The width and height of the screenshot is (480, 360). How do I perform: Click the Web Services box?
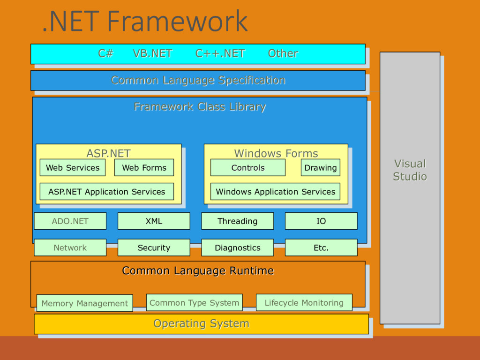73,167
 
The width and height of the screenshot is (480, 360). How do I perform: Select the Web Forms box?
144,167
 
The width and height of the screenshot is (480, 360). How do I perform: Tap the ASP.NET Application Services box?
107,191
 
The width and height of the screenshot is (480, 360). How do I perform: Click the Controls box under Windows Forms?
248,167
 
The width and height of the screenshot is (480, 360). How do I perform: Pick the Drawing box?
321,167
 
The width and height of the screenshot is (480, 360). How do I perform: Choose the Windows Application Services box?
275,191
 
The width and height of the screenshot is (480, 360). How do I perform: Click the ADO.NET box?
70,221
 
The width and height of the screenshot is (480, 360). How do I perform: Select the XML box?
154,221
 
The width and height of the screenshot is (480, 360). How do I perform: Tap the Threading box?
238,221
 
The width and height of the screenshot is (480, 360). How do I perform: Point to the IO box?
321,221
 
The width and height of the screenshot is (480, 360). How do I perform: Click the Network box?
70,247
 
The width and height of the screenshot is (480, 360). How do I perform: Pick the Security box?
154,247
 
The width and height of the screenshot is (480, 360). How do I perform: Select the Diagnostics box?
238,247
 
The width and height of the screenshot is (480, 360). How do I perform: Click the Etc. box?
321,247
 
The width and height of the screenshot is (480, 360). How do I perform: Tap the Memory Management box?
84,303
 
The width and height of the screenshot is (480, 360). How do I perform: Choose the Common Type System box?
195,302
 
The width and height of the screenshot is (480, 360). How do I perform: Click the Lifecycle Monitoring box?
304,302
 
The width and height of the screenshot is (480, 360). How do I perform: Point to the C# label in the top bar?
105,53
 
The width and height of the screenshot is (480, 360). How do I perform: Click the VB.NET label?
152,53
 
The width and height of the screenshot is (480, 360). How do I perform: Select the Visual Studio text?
410,170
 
